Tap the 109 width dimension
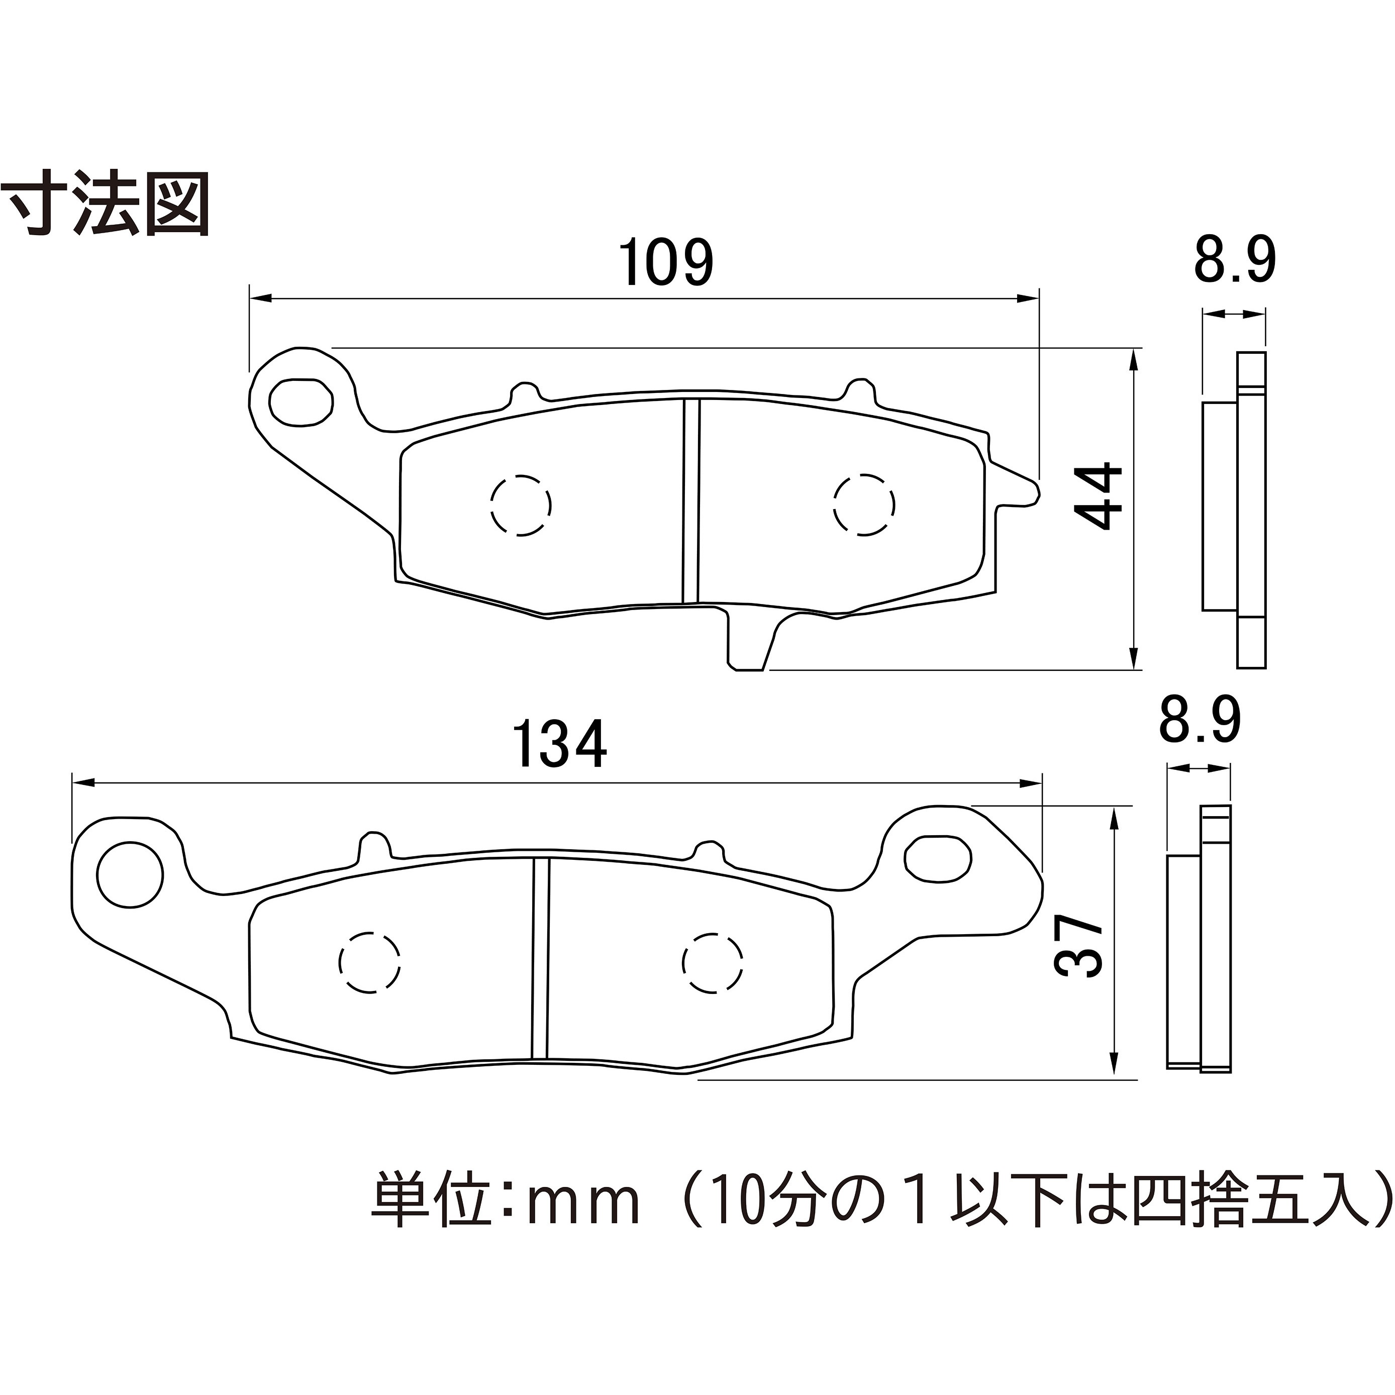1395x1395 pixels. pos(666,263)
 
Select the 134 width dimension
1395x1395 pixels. pos(560,744)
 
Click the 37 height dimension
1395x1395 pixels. pos(1079,946)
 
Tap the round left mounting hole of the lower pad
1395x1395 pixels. pos(130,875)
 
